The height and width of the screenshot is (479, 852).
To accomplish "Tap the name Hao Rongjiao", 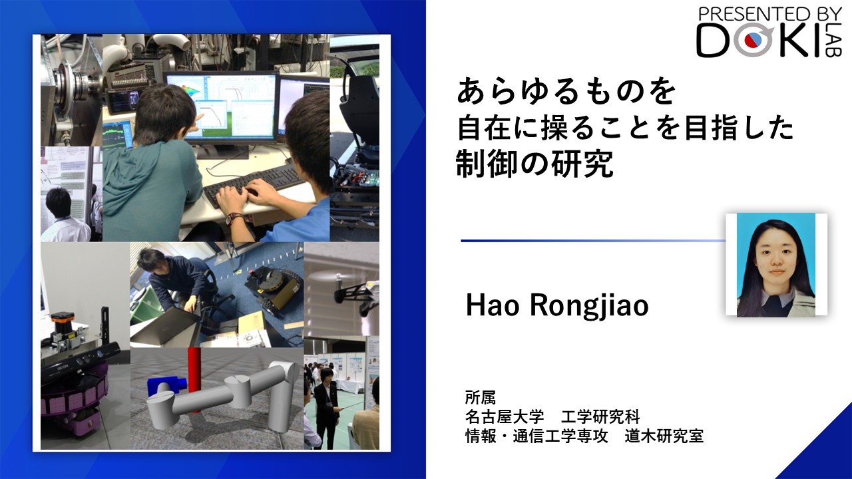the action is tap(557, 306).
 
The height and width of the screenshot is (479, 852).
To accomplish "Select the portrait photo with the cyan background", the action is tap(776, 265).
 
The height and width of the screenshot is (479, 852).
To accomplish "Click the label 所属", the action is tap(481, 398).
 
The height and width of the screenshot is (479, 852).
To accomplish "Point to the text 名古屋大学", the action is tap(505, 417).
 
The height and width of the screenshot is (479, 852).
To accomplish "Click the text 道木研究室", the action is tap(664, 436).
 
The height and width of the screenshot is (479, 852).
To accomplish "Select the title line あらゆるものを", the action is tap(566, 91).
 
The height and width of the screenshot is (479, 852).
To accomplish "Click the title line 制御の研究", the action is tap(534, 164).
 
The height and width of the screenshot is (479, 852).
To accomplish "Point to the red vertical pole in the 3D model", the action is tap(194, 379).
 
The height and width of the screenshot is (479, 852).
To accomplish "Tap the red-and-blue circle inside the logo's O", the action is tap(753, 39).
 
